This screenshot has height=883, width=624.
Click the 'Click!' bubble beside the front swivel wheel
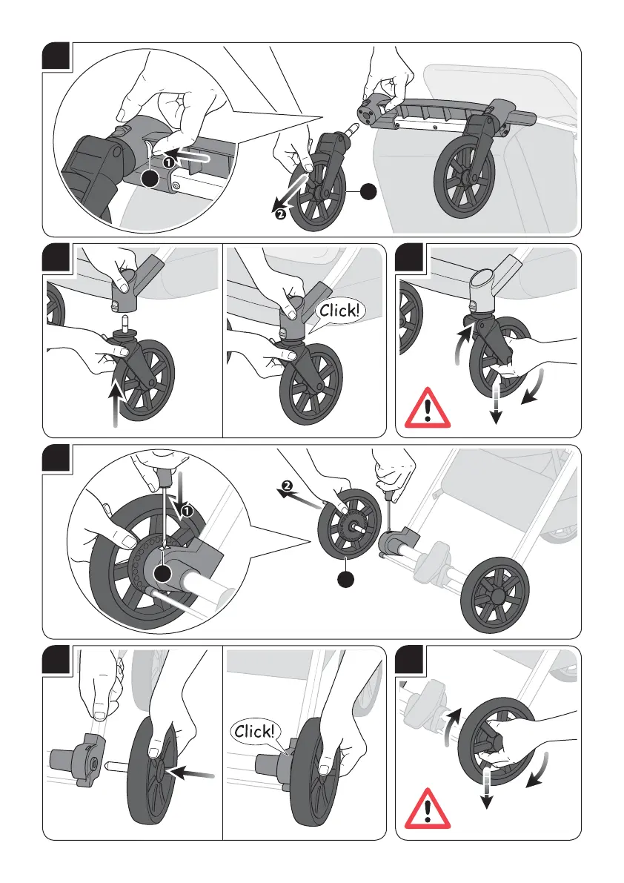[x=339, y=311]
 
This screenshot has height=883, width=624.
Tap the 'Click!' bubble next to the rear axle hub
[x=255, y=732]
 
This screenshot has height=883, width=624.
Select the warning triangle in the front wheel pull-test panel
[x=428, y=409]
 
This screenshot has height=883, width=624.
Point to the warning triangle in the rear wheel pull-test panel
[x=428, y=809]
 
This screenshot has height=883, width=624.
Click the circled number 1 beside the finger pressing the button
[x=168, y=162]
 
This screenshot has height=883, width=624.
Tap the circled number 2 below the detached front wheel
[x=280, y=214]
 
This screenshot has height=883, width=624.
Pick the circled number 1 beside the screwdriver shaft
[x=187, y=512]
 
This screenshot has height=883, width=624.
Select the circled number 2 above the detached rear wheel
[x=286, y=486]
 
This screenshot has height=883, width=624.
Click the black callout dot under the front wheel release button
[x=149, y=179]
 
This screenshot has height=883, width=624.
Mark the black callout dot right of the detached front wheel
[x=368, y=191]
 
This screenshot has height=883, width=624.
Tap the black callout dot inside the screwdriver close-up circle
[x=162, y=572]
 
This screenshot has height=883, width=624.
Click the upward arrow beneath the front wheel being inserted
[x=116, y=402]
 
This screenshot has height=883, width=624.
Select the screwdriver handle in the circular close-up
[x=166, y=474]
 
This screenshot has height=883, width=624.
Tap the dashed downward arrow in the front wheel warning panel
[x=496, y=402]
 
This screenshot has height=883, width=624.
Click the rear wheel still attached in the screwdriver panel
[x=494, y=595]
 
